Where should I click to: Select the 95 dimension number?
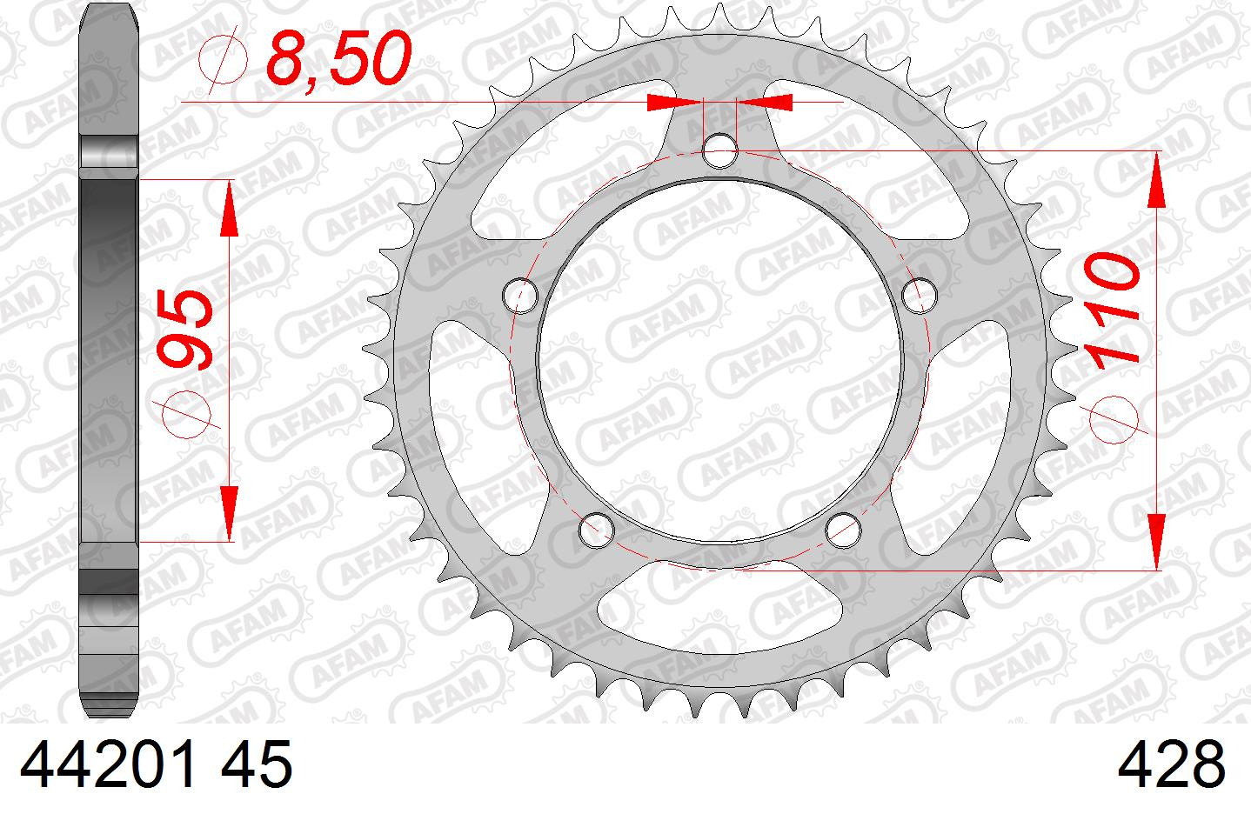(x=184, y=330)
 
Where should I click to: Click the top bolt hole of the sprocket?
(x=719, y=150)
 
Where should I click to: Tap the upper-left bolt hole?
(x=520, y=296)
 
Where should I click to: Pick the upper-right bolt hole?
(x=920, y=296)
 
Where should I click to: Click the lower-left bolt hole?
(x=597, y=530)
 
